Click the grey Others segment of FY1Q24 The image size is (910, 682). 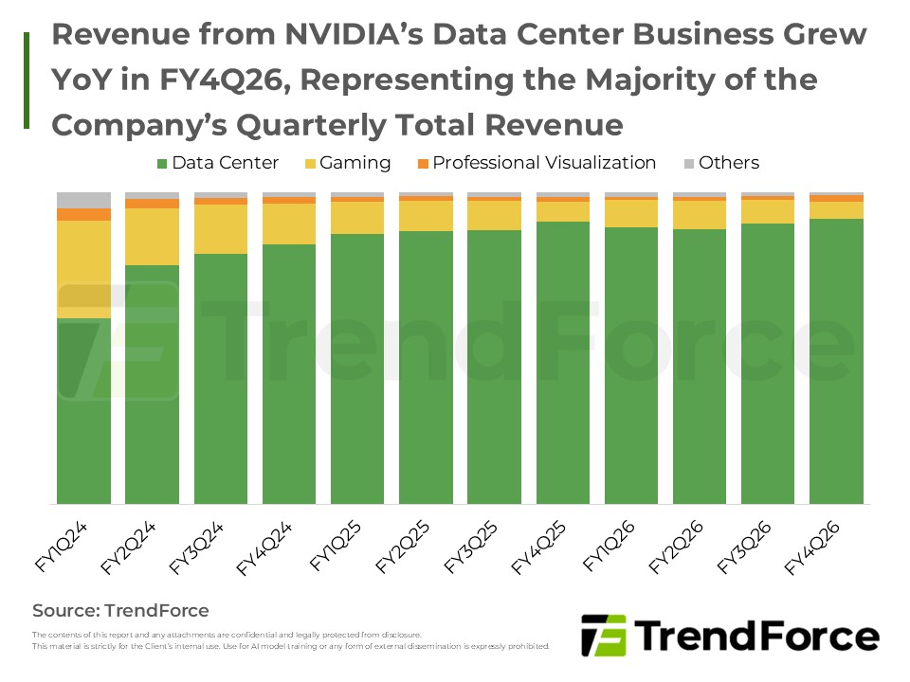[83, 200]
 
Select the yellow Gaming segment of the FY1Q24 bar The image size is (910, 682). [83, 269]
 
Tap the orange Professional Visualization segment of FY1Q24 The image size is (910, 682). [83, 215]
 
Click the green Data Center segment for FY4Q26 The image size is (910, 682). [836, 360]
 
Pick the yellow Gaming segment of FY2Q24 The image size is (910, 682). [152, 237]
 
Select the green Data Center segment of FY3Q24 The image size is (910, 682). [220, 379]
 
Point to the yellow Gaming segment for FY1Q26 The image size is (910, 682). [631, 213]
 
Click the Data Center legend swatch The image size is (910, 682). [162, 163]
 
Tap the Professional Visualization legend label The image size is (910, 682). [544, 163]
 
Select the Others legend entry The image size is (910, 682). [728, 163]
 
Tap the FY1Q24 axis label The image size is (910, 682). [62, 548]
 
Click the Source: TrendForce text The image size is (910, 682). [120, 610]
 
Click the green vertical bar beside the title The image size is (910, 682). [27, 80]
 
